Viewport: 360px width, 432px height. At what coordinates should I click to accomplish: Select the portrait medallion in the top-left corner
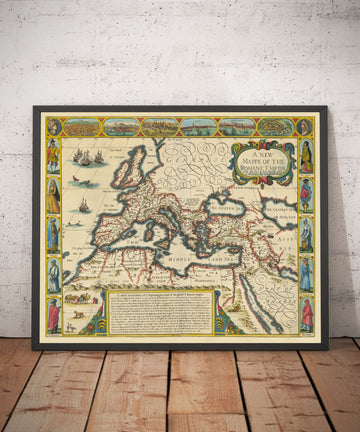[54, 127]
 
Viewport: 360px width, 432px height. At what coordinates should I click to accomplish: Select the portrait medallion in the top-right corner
[306, 127]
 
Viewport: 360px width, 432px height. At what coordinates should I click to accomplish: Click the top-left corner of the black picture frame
[34, 108]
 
